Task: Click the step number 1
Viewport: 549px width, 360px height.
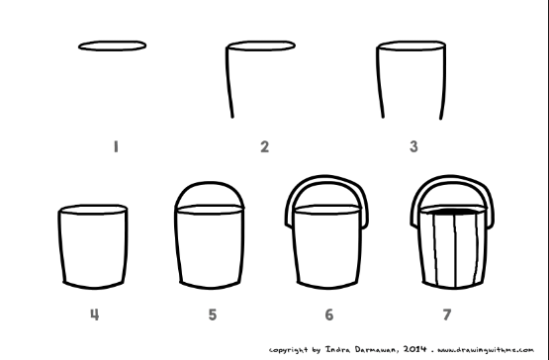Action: click(x=116, y=146)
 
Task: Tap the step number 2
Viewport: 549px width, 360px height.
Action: click(x=265, y=146)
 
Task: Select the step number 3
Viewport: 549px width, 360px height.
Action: click(x=413, y=146)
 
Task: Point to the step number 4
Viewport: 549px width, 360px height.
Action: click(x=95, y=315)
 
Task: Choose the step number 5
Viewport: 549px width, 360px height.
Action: click(x=213, y=315)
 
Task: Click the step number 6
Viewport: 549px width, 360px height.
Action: click(x=328, y=315)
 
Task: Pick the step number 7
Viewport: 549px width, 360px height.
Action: click(x=447, y=315)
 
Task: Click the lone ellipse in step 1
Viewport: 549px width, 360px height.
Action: click(x=112, y=42)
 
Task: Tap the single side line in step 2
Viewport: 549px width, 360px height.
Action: click(x=229, y=82)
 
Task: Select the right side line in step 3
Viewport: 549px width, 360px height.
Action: click(x=444, y=82)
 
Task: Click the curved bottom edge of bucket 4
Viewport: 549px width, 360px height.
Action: click(x=94, y=288)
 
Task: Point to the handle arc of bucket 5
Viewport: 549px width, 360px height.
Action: click(x=210, y=182)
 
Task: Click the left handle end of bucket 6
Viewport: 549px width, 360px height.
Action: click(x=289, y=225)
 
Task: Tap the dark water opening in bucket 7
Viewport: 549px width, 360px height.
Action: click(x=453, y=212)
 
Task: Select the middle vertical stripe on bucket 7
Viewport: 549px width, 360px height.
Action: click(x=455, y=250)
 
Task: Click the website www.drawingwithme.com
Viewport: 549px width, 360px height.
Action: click(x=486, y=350)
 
